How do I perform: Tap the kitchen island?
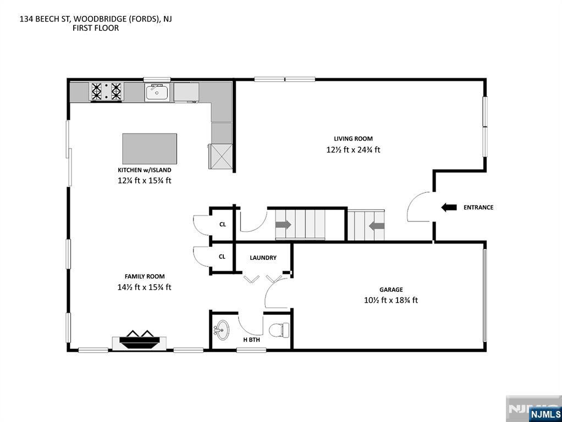[x=150, y=148]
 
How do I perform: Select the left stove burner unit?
[x=97, y=91]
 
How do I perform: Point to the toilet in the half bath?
[x=278, y=330]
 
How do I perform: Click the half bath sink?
[x=223, y=331]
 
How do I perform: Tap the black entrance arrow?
[x=449, y=207]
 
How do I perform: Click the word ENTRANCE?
[x=478, y=207]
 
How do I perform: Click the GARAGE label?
[x=391, y=290]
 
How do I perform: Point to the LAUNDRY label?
[x=263, y=258]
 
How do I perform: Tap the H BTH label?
[x=251, y=340]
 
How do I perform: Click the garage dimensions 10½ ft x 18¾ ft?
[x=391, y=300]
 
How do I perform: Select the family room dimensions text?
[x=144, y=287]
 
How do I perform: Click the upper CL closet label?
[x=222, y=224]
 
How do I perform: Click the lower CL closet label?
[x=222, y=256]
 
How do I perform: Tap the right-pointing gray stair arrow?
[x=283, y=225]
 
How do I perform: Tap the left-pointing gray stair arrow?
[x=376, y=225]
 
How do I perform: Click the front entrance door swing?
[x=419, y=207]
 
